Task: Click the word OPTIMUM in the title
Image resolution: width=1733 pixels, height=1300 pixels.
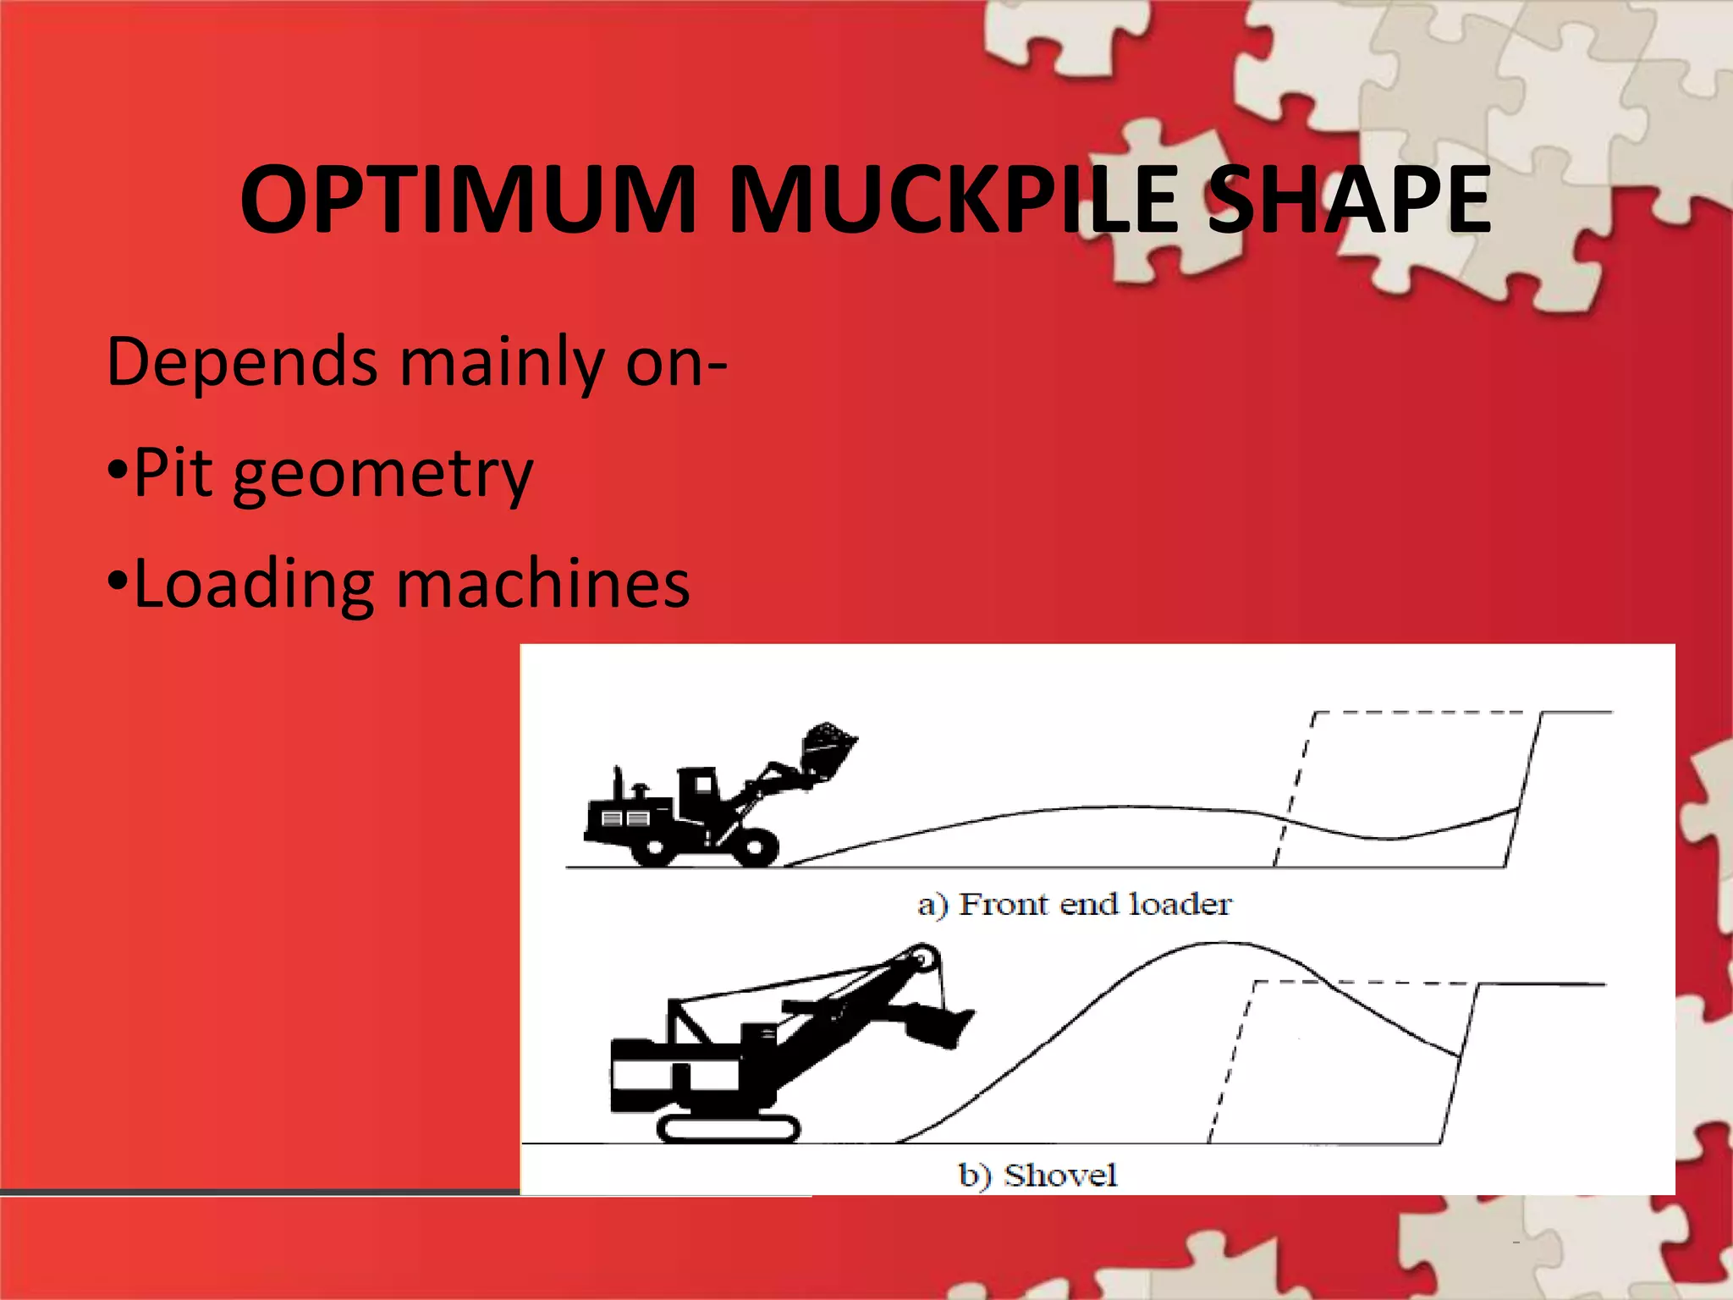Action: tap(468, 200)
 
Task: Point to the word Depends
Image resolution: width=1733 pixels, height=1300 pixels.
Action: tap(242, 362)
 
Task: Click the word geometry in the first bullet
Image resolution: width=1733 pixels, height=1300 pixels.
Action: tap(382, 474)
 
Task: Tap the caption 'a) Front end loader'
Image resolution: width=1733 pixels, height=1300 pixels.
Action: tap(1075, 904)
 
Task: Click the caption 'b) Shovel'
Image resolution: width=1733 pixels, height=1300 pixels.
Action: tap(1038, 1175)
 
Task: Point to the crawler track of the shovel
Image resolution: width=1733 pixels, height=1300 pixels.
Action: tap(728, 1128)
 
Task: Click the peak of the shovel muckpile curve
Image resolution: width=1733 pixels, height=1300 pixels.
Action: tap(1214, 944)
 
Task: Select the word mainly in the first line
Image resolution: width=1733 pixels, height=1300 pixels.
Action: tap(501, 362)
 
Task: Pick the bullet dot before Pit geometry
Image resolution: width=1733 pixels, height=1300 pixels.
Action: tap(118, 469)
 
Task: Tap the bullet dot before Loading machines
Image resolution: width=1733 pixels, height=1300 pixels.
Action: tap(118, 580)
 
